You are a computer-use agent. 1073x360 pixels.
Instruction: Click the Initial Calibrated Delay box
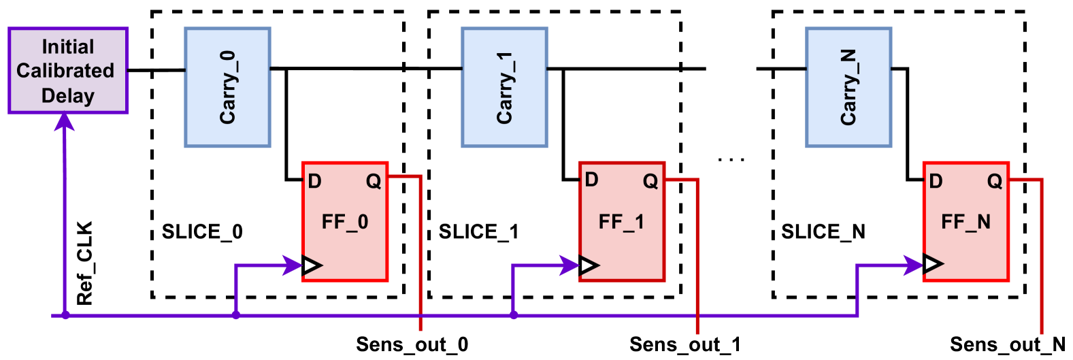[67, 71]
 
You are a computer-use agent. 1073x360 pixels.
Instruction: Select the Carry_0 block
[227, 87]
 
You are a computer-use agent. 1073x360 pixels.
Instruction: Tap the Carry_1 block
[504, 87]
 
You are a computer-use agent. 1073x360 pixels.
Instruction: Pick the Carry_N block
[848, 87]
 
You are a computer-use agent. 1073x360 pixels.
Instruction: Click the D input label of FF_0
[314, 181]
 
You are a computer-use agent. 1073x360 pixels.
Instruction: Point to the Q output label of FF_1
[650, 181]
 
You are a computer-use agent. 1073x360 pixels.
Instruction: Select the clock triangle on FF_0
[312, 265]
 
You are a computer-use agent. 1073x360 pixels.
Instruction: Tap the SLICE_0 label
[202, 232]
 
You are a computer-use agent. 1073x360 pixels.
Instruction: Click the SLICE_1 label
[478, 232]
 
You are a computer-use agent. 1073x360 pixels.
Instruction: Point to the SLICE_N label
[823, 232]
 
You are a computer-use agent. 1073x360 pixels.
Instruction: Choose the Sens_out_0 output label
[412, 344]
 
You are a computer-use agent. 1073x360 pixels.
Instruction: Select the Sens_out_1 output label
[684, 344]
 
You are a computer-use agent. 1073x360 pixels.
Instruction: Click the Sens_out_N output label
[1007, 344]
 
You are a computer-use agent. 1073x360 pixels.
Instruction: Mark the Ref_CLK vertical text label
[84, 263]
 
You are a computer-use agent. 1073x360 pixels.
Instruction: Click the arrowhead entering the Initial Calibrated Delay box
[65, 121]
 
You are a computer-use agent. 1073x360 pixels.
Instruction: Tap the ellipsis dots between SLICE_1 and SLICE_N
[731, 160]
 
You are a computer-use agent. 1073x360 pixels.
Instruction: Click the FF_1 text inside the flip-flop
[621, 222]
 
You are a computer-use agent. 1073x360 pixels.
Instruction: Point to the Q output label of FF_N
[995, 181]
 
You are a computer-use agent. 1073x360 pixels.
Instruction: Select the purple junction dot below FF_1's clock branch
[514, 315]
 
